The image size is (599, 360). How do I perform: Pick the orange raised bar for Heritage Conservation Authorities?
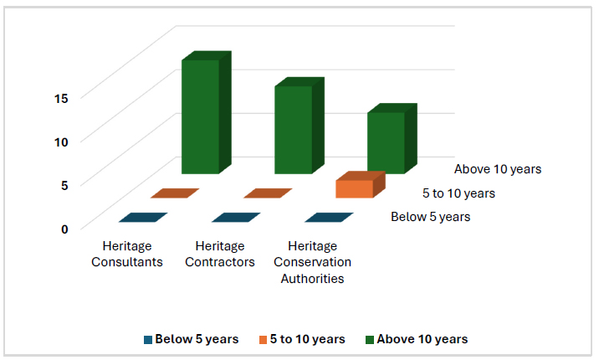(361, 185)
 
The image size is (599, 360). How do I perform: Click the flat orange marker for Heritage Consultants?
(175, 193)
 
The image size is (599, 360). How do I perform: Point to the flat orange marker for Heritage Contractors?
(268, 193)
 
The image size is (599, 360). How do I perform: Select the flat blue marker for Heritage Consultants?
(143, 218)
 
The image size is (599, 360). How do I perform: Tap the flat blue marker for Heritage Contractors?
(236, 218)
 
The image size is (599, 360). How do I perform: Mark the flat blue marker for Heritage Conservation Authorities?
(329, 218)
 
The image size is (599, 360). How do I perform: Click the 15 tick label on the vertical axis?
(61, 99)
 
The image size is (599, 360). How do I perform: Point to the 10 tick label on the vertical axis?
(61, 142)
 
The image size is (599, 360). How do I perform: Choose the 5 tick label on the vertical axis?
(64, 185)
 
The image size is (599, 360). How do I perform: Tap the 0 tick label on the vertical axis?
(64, 229)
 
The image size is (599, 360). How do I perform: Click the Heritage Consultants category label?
(127, 254)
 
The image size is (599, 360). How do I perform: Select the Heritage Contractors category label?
(220, 254)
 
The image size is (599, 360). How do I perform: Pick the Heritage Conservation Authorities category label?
(313, 262)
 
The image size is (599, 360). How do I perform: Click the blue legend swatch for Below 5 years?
(148, 340)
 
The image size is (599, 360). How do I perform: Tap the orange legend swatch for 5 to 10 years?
(263, 340)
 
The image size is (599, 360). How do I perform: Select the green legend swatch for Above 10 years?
(370, 340)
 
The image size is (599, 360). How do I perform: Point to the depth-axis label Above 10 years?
(498, 169)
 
